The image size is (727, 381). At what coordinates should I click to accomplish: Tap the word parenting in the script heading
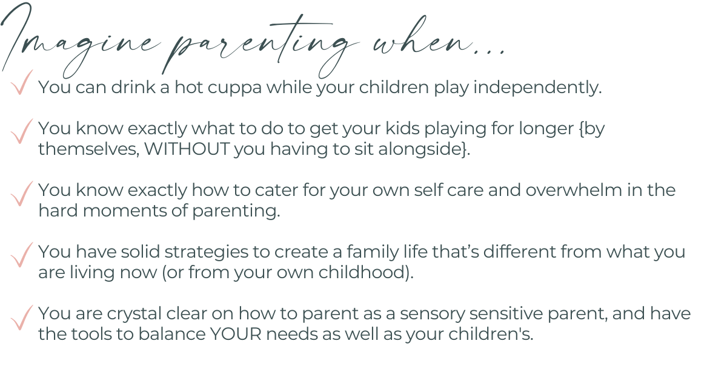tap(260, 45)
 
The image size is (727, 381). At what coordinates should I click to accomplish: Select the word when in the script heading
tap(422, 39)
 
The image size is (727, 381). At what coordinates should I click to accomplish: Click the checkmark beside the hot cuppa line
tap(22, 82)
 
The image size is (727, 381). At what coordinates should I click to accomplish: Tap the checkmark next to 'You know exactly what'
tap(22, 131)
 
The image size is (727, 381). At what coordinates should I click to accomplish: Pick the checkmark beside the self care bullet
tap(22, 194)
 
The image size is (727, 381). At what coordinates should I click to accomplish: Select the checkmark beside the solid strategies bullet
tap(22, 255)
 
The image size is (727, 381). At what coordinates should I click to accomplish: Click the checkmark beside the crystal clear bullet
tap(22, 317)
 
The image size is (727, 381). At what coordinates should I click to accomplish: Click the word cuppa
tap(234, 88)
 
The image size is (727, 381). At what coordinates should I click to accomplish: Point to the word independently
tap(538, 88)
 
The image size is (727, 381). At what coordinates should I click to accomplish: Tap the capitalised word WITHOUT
tap(187, 149)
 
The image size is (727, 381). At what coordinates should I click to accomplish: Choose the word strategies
tap(217, 253)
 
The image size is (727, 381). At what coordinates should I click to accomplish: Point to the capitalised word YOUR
tap(236, 334)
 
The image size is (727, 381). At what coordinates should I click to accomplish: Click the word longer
tap(546, 129)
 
